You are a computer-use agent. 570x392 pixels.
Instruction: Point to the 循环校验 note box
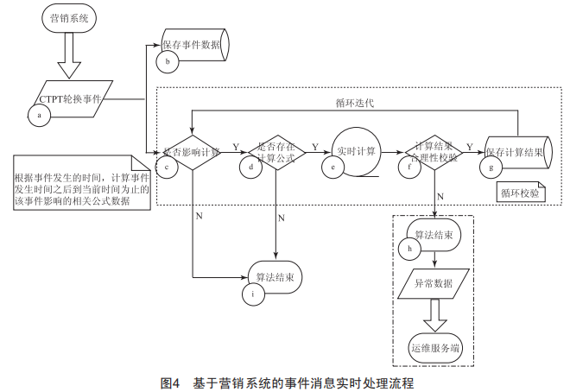pyautogui.click(x=519, y=193)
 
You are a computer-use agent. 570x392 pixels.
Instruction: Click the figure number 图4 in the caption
pyautogui.click(x=169, y=381)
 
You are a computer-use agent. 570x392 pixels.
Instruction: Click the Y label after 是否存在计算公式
pyautogui.click(x=314, y=146)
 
